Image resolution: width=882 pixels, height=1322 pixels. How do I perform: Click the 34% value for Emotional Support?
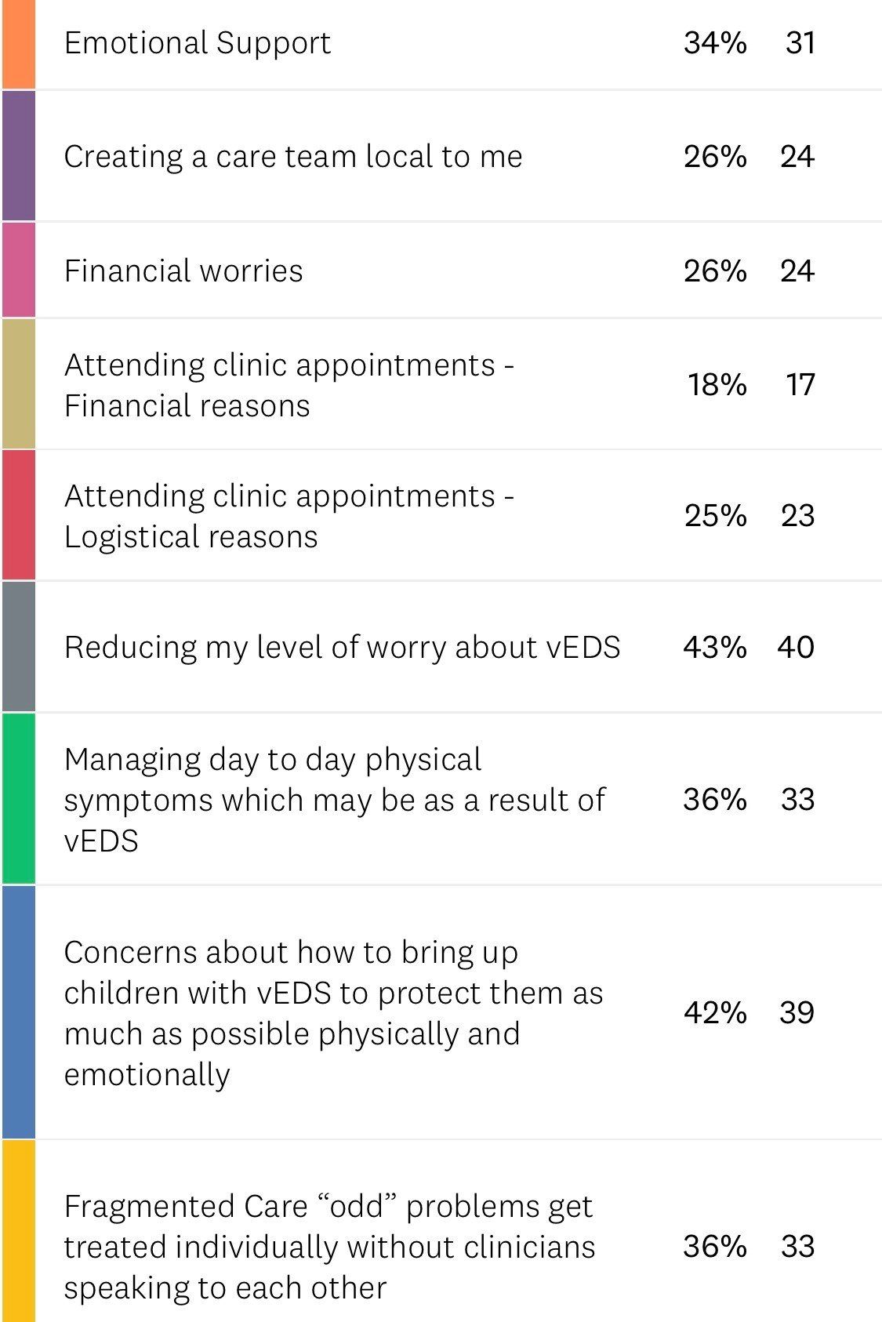pos(714,42)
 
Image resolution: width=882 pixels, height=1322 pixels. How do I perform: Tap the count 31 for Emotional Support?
pos(800,42)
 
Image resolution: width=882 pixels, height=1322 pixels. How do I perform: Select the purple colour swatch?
pos(18,155)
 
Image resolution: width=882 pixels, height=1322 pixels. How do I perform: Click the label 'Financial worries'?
pos(183,271)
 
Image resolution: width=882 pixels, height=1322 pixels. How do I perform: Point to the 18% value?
pos(717,384)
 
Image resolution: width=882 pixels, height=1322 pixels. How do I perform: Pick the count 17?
pos(800,384)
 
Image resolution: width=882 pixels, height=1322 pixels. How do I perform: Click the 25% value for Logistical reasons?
pos(714,515)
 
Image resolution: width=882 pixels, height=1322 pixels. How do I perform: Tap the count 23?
pos(797,515)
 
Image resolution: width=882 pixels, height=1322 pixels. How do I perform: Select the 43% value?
pos(714,647)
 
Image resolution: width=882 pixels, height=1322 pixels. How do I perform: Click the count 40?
pos(796,647)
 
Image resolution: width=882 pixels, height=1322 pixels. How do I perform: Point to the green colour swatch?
pos(18,798)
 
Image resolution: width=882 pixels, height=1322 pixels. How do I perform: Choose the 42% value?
pos(714,1012)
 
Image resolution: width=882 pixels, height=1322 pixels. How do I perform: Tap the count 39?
pos(797,1012)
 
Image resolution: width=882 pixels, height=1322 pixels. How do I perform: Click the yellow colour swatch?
pos(18,1230)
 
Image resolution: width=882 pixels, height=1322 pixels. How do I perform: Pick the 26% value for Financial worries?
pos(714,271)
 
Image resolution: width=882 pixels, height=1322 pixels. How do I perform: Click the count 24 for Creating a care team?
pos(797,156)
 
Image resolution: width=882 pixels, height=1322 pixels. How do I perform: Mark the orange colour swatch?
pos(18,44)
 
